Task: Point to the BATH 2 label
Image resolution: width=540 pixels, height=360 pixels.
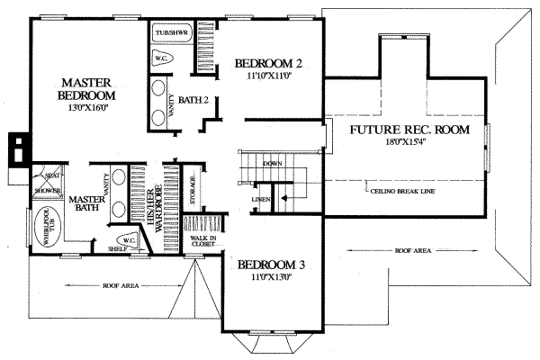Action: click(193, 100)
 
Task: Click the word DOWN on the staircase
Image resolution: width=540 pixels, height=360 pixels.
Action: click(273, 163)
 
